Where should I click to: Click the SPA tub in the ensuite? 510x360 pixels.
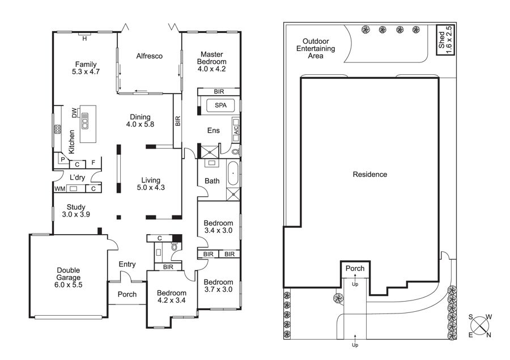click(x=220, y=105)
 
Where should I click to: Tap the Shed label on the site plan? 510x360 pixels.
click(x=441, y=40)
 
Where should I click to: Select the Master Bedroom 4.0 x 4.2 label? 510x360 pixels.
click(x=211, y=62)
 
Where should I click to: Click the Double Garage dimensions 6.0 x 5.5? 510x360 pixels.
click(x=69, y=285)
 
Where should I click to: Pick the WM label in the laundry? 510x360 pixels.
click(x=60, y=189)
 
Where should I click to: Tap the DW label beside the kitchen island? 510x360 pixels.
click(x=74, y=113)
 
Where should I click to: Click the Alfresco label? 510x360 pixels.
click(x=149, y=56)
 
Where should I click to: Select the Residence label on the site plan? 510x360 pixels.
click(x=370, y=175)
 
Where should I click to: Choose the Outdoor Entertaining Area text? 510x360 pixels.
click(x=316, y=49)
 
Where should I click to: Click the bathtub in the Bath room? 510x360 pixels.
click(x=233, y=173)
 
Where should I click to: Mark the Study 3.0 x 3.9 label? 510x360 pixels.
click(x=76, y=210)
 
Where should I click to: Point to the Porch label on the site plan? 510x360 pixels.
click(x=355, y=269)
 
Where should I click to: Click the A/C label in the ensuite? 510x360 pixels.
click(x=236, y=130)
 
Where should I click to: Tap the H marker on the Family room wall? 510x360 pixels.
click(x=84, y=39)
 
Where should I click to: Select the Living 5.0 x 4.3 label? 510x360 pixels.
click(x=151, y=184)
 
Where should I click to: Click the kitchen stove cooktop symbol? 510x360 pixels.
click(x=58, y=129)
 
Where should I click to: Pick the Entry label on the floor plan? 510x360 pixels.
click(x=127, y=264)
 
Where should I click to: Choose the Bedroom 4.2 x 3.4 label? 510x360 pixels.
click(x=171, y=297)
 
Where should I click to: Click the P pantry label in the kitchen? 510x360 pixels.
click(x=63, y=159)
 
